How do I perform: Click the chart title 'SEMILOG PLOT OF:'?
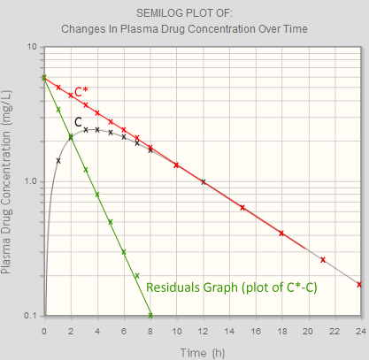tap(184, 13)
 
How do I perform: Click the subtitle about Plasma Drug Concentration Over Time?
tap(184, 28)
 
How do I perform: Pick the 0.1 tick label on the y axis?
tap(28, 316)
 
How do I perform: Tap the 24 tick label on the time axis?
tap(360, 330)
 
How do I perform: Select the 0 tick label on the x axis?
tap(44, 330)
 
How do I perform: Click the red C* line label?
tap(81, 90)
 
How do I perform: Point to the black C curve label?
tap(78, 121)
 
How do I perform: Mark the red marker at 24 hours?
tap(359, 285)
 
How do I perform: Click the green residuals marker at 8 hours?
tap(150, 315)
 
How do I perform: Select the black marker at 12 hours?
tap(204, 181)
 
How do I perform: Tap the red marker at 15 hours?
tap(242, 207)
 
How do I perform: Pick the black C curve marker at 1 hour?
tap(58, 160)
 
